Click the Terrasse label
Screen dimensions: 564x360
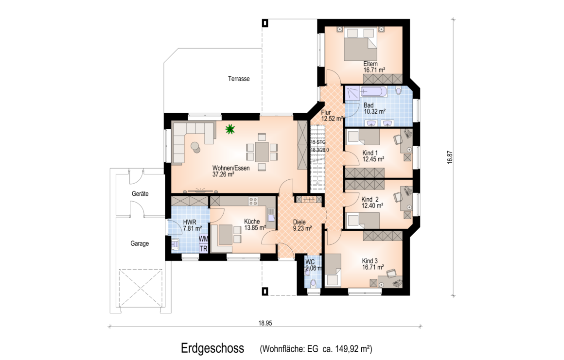pyautogui.click(x=239, y=79)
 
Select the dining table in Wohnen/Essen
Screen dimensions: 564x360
pyautogui.click(x=262, y=152)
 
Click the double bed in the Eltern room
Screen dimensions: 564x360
pyautogui.click(x=360, y=44)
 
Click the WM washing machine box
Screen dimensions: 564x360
pyautogui.click(x=204, y=239)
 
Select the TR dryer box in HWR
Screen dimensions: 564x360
pyautogui.click(x=204, y=248)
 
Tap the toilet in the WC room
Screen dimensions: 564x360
pyautogui.click(x=313, y=283)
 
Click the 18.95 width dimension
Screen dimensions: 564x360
pyautogui.click(x=265, y=324)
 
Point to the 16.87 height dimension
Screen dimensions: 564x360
pyautogui.click(x=450, y=157)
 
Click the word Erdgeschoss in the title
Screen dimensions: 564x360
pyautogui.click(x=212, y=348)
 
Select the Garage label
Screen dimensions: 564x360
pyautogui.click(x=140, y=243)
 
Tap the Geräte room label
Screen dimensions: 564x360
pyautogui.click(x=140, y=194)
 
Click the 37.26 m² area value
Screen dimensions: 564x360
pyautogui.click(x=223, y=174)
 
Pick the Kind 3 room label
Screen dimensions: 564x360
pyautogui.click(x=370, y=261)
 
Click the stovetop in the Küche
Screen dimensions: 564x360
pyautogui.click(x=253, y=201)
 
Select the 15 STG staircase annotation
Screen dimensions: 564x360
pyautogui.click(x=318, y=142)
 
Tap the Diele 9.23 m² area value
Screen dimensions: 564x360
pyautogui.click(x=302, y=228)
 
